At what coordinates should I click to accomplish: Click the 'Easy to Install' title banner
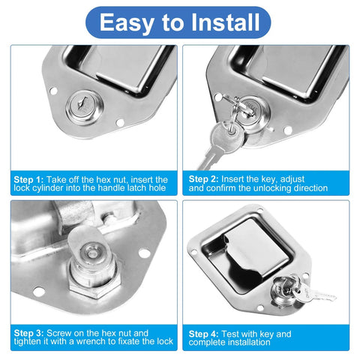[180, 22]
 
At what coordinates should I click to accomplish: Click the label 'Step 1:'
[29, 180]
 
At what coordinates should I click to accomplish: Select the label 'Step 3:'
[29, 331]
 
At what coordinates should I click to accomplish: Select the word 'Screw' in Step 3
[61, 331]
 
